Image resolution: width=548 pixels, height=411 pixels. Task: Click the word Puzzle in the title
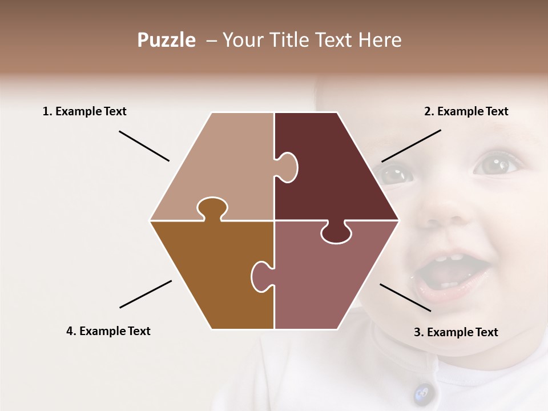[166, 40]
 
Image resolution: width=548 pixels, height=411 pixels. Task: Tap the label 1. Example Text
[84, 111]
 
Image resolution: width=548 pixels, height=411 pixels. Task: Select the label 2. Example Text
[466, 111]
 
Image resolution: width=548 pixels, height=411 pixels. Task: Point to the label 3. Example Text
[456, 332]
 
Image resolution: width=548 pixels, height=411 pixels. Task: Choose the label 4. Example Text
[108, 331]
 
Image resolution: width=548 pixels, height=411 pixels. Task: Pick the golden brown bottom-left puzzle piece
[211, 274]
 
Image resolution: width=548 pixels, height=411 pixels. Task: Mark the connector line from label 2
[411, 146]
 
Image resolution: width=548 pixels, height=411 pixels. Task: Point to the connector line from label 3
[405, 297]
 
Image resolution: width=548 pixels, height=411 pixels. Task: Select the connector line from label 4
[146, 294]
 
